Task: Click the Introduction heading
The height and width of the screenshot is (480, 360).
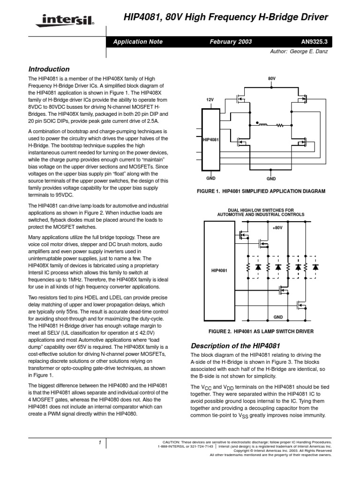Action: (x=49, y=69)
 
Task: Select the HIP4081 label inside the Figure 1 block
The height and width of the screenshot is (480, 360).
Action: (x=210, y=140)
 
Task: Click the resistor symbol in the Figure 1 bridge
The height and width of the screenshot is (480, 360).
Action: (x=281, y=126)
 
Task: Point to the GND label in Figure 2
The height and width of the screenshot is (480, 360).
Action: (x=278, y=317)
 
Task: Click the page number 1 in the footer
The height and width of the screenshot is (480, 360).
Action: (x=100, y=442)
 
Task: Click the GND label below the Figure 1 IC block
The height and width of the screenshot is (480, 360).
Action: (x=210, y=179)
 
